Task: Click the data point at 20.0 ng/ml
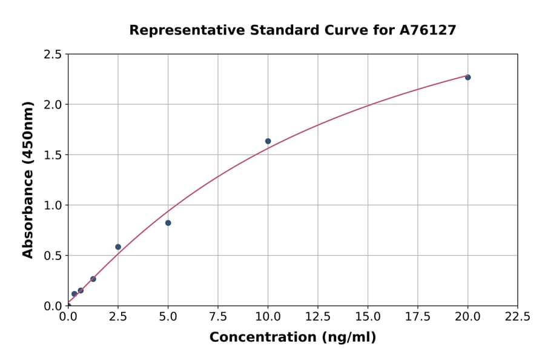pos(467,77)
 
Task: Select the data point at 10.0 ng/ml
pos(268,141)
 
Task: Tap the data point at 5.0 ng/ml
pos(168,223)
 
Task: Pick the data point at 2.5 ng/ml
pos(118,247)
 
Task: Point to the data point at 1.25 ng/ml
pos(93,279)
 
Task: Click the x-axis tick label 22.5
pos(517,317)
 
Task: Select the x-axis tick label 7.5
pos(218,317)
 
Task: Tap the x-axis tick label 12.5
pos(318,317)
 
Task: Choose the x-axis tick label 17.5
pos(418,317)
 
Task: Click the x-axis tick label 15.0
pos(368,317)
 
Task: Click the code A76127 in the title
pos(428,30)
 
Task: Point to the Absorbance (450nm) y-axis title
pos(28,180)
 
